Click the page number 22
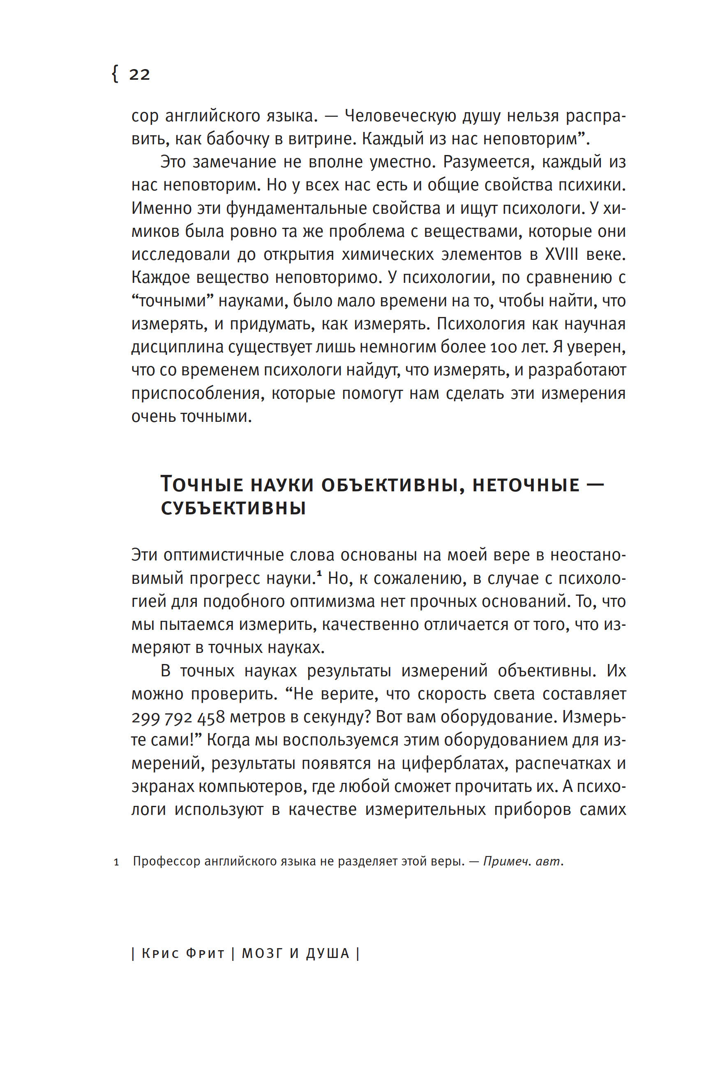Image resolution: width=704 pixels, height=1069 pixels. [x=139, y=74]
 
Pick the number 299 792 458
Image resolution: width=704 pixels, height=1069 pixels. [x=178, y=717]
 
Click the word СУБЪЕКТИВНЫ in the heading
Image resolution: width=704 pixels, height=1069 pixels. [x=233, y=509]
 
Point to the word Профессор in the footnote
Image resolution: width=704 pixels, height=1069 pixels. [x=166, y=861]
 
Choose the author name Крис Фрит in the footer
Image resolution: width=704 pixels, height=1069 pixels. [x=183, y=953]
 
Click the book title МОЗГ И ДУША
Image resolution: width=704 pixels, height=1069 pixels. [x=296, y=953]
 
